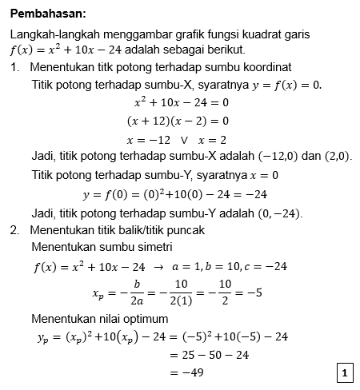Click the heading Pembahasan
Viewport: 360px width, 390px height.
50,14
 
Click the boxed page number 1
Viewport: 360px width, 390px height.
344,373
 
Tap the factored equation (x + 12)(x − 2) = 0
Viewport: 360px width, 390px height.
178,121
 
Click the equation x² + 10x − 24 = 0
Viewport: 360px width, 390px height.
181,102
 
